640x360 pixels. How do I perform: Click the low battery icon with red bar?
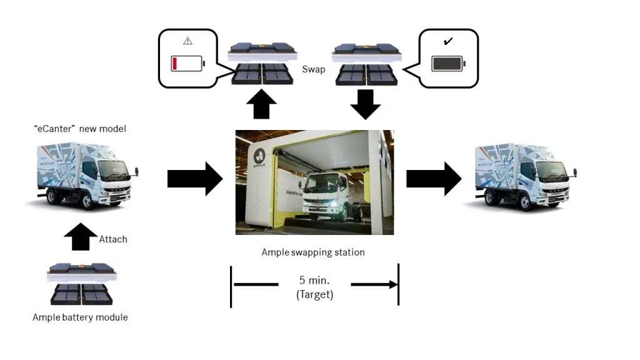[187, 64]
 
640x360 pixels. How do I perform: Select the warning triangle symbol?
[187, 41]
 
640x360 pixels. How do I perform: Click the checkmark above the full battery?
[447, 42]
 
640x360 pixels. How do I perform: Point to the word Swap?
[313, 69]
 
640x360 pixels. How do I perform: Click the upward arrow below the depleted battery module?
[262, 105]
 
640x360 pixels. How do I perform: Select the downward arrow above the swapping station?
[366, 104]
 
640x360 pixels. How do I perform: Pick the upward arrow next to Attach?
[81, 237]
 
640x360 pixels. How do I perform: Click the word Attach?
[113, 239]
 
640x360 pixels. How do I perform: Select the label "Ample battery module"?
[80, 317]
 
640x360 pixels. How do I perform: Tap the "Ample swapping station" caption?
[313, 252]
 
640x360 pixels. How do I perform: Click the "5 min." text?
[315, 280]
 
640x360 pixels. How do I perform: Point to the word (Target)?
[315, 294]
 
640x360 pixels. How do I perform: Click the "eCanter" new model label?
[80, 129]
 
